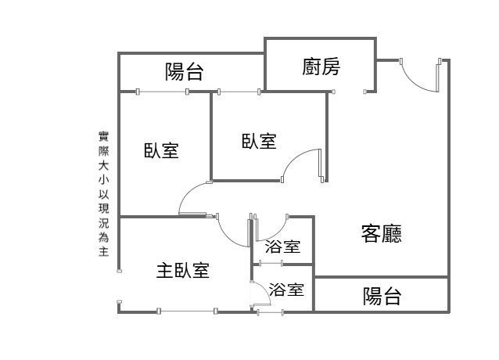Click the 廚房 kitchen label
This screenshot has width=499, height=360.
[x=321, y=67]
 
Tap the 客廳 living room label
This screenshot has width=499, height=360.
[x=381, y=234]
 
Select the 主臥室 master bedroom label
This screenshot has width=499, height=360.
[x=183, y=270]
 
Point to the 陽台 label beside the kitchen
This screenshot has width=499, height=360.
[x=185, y=71]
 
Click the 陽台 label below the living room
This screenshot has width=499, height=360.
[x=382, y=296]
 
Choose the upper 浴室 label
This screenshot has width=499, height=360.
[x=282, y=247]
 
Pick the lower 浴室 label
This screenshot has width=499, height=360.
[x=286, y=290]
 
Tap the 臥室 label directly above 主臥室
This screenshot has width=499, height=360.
[x=161, y=150]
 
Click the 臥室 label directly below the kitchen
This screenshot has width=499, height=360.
[x=259, y=141]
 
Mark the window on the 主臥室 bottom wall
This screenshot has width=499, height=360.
[x=187, y=311]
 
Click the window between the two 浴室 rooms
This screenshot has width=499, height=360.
[x=271, y=263]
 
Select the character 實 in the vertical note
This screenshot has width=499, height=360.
[x=103, y=137]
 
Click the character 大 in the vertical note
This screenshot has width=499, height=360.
[x=103, y=166]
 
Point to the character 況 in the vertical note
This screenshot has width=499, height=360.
[x=103, y=222]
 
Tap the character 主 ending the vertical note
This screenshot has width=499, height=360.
[x=103, y=251]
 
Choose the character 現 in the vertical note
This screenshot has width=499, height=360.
[x=103, y=208]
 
